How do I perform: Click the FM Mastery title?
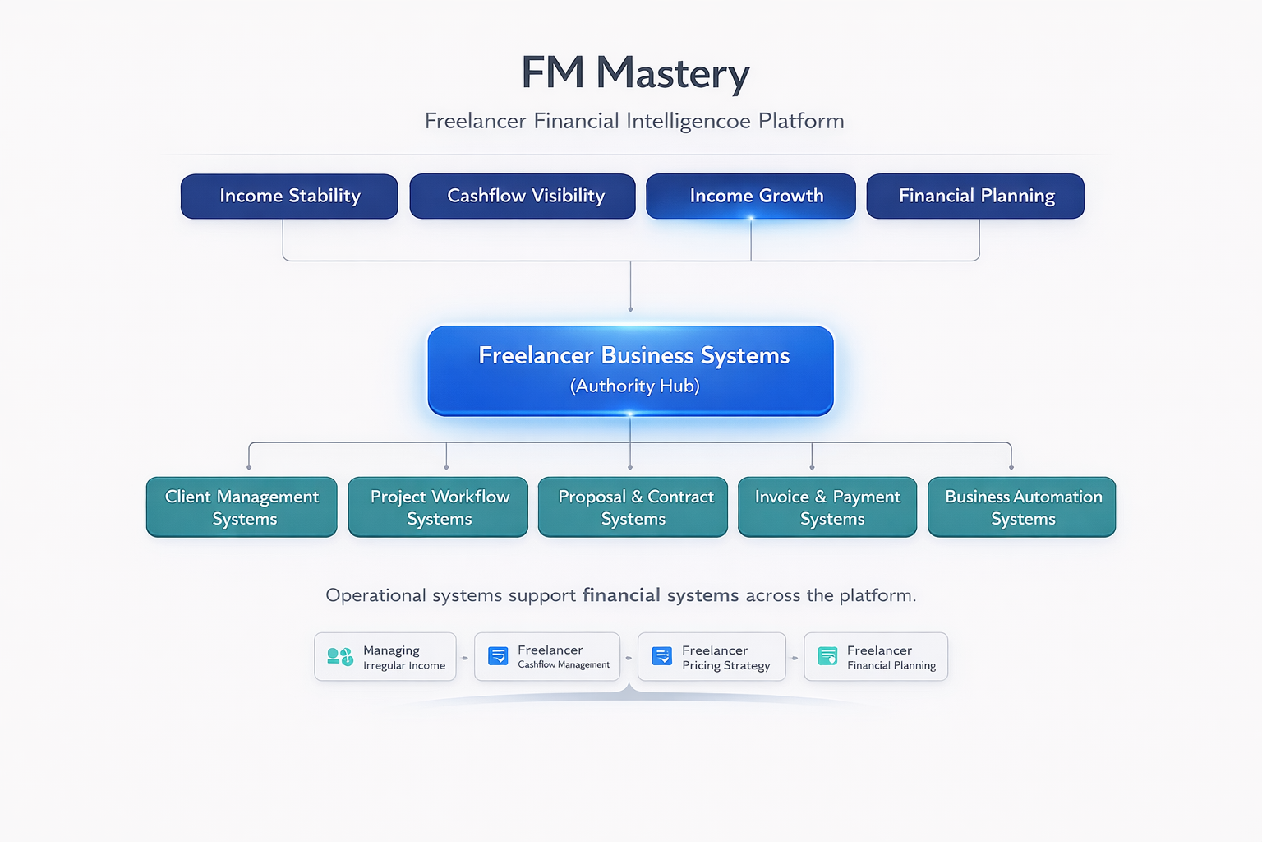(x=635, y=73)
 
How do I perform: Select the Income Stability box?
(x=289, y=196)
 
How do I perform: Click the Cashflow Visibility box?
(x=523, y=196)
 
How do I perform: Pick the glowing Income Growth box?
(x=751, y=196)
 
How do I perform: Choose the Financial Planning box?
(x=975, y=196)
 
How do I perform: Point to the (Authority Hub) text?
(x=634, y=386)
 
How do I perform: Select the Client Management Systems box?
(x=242, y=507)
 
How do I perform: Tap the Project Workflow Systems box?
(x=438, y=507)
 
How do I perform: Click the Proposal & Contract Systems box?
(x=633, y=507)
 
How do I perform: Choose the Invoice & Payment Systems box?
(x=827, y=507)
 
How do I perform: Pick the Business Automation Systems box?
(x=1022, y=507)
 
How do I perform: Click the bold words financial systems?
(x=661, y=595)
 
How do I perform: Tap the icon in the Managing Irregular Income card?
(x=339, y=656)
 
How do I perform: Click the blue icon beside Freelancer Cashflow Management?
(x=498, y=655)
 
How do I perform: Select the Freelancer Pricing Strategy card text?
(x=725, y=658)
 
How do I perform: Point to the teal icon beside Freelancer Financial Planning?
(x=827, y=655)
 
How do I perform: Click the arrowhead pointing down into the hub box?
(x=630, y=309)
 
